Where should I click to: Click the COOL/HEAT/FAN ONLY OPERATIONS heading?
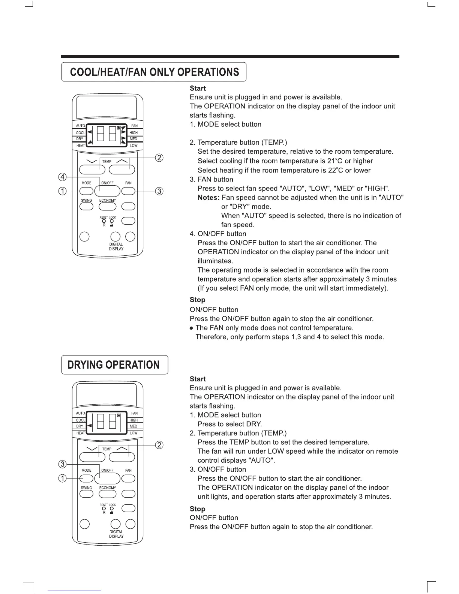(154, 72)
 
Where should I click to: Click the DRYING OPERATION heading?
(114, 365)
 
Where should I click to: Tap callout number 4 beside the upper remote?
(63, 177)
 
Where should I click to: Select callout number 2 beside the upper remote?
(159, 158)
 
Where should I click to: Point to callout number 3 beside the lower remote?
(63, 464)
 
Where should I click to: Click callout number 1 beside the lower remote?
(63, 478)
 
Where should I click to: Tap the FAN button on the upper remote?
(128, 191)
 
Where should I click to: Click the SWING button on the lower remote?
(86, 494)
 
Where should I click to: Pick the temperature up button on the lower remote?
(122, 457)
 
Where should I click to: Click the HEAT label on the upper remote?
(80, 145)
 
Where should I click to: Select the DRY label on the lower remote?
(80, 426)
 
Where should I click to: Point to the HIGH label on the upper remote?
(133, 133)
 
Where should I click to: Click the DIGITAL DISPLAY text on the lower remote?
(116, 534)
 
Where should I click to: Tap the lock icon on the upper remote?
(112, 225)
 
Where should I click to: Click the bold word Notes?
(208, 198)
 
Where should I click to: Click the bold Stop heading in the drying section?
(198, 509)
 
